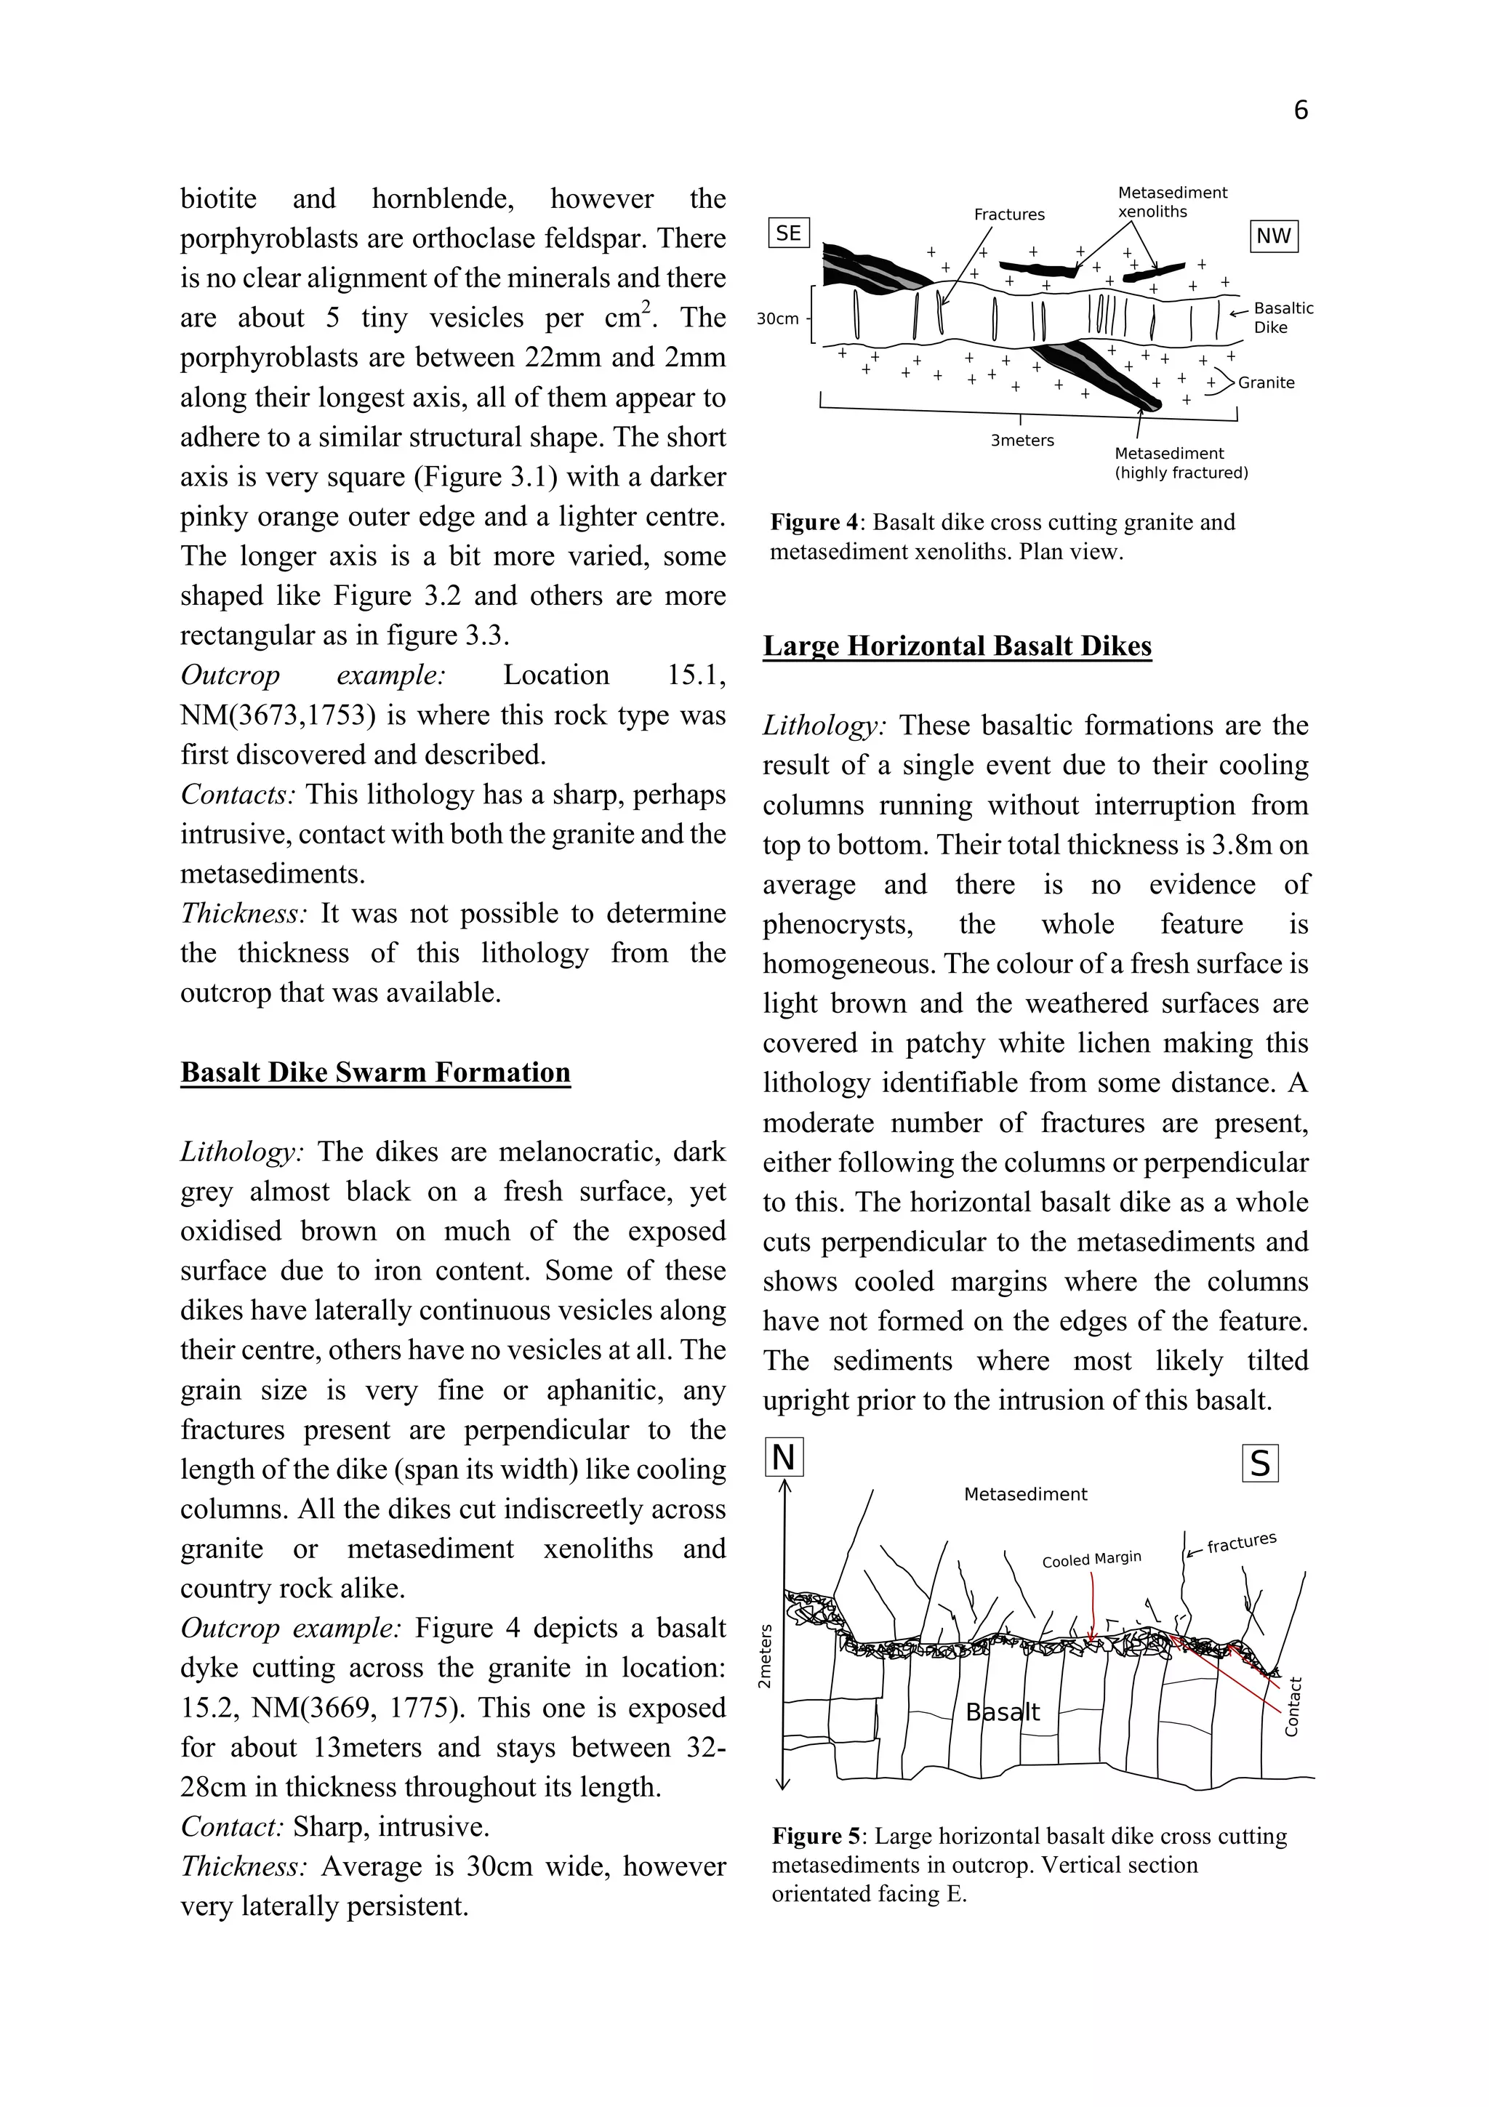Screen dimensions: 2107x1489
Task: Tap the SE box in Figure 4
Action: [788, 233]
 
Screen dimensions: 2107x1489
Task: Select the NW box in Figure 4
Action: [1273, 236]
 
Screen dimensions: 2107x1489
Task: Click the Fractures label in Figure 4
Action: [1009, 214]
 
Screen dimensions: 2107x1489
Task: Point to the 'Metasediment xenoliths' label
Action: [1171, 202]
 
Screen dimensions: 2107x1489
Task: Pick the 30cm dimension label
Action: [777, 319]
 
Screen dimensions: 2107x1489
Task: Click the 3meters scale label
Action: [1022, 441]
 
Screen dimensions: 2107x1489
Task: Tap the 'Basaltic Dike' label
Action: [1283, 318]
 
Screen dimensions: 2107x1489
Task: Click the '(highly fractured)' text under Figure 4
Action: [1181, 473]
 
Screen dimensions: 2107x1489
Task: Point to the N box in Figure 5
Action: [784, 1457]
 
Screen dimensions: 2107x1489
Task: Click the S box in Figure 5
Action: [1260, 1464]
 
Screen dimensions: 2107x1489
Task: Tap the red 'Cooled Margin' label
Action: [1091, 1559]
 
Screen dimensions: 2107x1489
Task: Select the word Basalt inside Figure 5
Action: [1003, 1711]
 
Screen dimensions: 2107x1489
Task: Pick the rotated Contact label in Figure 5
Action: [1292, 1707]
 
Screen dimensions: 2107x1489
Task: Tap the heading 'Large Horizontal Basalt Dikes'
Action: [957, 646]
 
